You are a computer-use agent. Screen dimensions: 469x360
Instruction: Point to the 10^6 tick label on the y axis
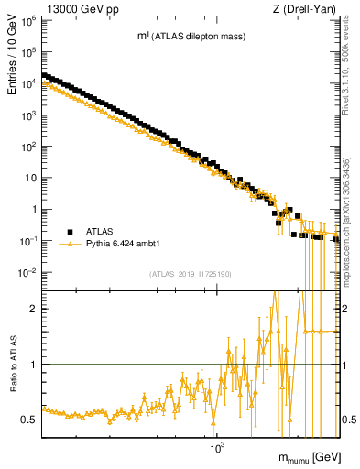pos(29,19)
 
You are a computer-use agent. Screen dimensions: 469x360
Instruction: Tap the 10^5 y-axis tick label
pos(29,51)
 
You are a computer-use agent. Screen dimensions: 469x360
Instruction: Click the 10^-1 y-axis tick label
pos(29,241)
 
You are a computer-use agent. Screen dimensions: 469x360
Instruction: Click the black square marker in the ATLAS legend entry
pos(70,232)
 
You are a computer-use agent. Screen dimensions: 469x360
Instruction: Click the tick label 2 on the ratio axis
pos(35,309)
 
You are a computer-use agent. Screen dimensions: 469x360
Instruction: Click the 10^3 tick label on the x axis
pos(217,449)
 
